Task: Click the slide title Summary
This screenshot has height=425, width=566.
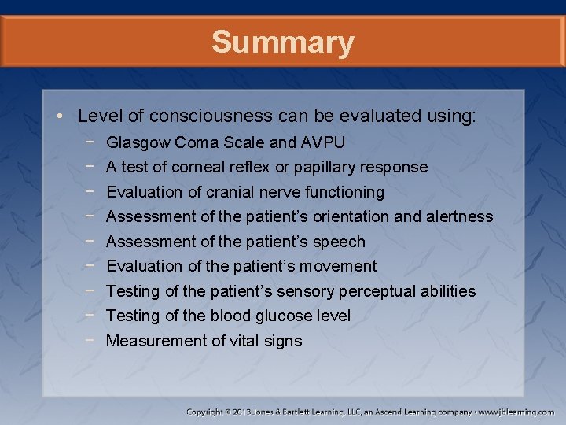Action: [282, 42]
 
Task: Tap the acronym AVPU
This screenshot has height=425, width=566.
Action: [322, 142]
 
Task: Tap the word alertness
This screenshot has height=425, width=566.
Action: [459, 216]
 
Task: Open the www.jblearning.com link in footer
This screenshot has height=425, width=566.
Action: [516, 412]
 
